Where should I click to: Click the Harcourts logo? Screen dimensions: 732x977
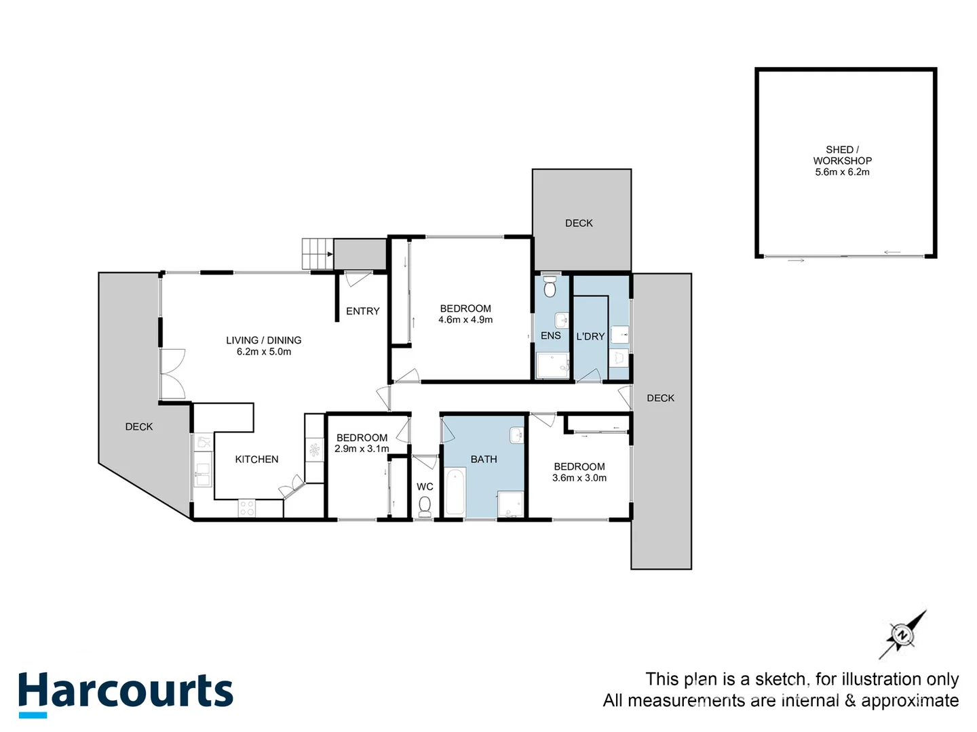pyautogui.click(x=126, y=693)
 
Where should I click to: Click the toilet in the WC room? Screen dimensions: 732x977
pyautogui.click(x=425, y=505)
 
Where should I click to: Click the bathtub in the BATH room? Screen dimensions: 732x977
pyautogui.click(x=455, y=492)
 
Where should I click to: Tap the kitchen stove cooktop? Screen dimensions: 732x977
pyautogui.click(x=247, y=508)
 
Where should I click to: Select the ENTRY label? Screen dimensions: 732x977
pyautogui.click(x=362, y=311)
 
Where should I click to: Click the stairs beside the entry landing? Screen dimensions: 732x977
pyautogui.click(x=317, y=254)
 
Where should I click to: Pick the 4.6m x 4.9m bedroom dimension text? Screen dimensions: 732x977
pyautogui.click(x=465, y=320)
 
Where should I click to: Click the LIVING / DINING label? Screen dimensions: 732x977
pyautogui.click(x=264, y=340)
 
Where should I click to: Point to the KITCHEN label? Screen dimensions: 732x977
pyautogui.click(x=256, y=460)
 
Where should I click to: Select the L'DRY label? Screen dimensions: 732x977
pyautogui.click(x=590, y=336)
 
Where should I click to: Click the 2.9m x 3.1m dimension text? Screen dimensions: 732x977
pyautogui.click(x=362, y=449)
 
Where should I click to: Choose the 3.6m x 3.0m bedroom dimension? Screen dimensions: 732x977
pyautogui.click(x=579, y=478)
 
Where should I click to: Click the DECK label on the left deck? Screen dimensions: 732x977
pyautogui.click(x=139, y=426)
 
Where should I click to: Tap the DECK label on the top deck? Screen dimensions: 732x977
pyautogui.click(x=579, y=223)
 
